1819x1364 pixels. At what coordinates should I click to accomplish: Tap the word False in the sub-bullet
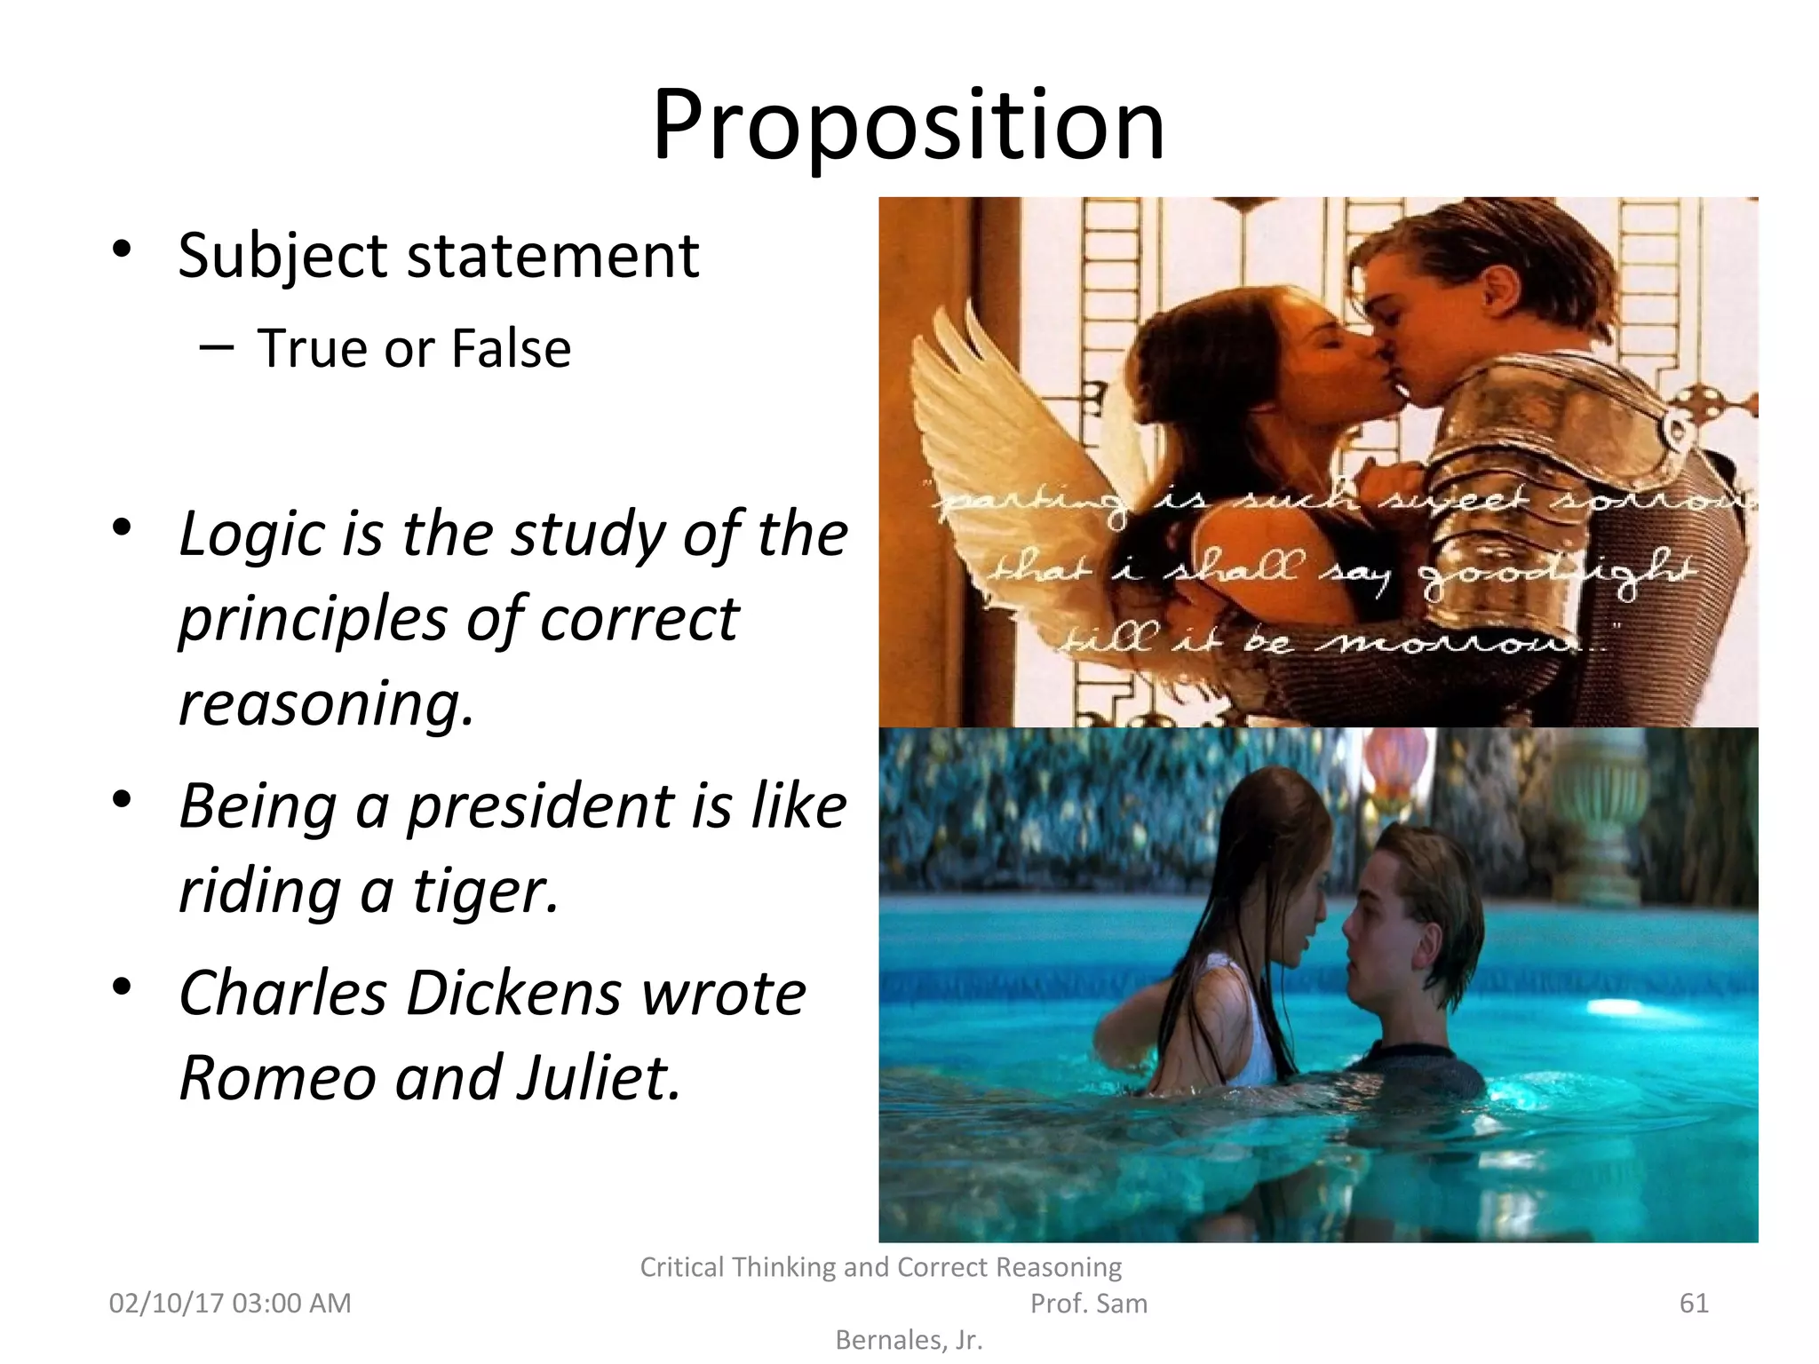511,348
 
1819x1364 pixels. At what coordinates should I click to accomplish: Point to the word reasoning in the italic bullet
326,703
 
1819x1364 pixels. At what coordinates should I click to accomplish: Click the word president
541,806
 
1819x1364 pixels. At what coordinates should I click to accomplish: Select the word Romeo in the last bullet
277,1077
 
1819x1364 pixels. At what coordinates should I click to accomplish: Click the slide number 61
1694,1303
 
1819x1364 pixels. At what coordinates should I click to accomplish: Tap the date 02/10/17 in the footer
166,1303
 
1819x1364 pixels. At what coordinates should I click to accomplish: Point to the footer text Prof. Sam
1088,1303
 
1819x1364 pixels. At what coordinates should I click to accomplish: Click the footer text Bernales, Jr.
909,1339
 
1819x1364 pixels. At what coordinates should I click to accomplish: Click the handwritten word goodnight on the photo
1554,573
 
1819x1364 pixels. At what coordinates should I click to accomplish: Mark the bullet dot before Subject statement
123,250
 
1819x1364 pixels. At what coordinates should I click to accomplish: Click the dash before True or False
217,347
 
